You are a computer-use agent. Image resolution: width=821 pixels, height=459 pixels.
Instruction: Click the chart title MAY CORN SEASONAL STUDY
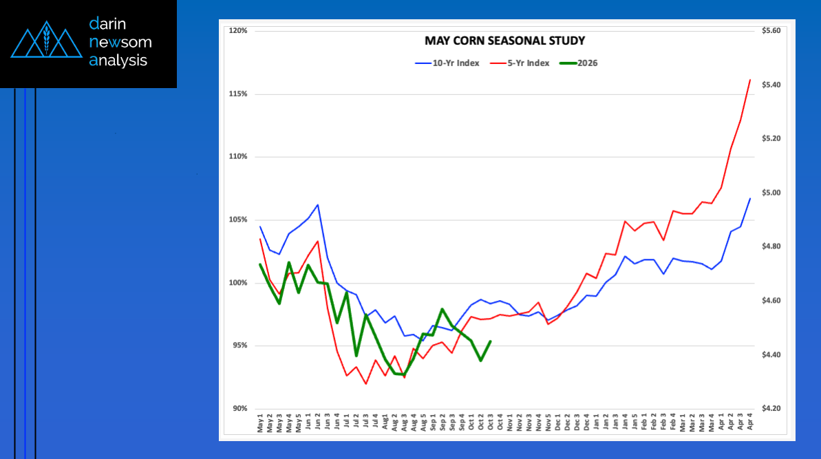504,41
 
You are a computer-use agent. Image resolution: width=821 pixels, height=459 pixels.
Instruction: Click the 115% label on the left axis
238,94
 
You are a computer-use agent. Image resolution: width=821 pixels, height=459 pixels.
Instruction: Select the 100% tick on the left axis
238,283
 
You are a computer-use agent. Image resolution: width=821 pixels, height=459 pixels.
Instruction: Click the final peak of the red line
749,80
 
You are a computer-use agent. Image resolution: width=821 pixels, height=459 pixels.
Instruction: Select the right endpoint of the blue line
749,198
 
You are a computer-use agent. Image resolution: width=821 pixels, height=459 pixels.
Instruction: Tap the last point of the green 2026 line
490,341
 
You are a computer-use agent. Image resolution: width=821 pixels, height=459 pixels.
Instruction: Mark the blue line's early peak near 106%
317,204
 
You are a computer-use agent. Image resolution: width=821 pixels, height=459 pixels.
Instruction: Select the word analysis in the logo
118,61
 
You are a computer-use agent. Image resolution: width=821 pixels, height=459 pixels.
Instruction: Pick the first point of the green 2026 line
260,264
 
